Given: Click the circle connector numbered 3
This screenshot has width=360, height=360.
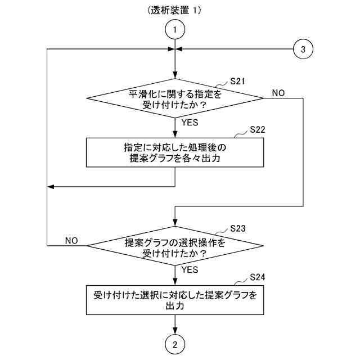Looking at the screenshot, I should (x=303, y=49).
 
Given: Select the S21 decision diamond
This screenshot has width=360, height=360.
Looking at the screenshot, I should (x=175, y=98).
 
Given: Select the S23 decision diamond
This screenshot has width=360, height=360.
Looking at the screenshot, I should (x=175, y=246).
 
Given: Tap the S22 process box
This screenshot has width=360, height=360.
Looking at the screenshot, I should (x=175, y=152).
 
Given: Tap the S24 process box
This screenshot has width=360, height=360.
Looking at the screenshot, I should (x=175, y=300).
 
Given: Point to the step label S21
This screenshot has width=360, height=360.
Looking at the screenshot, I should (x=238, y=82).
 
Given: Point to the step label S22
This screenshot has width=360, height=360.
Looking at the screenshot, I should (x=256, y=129).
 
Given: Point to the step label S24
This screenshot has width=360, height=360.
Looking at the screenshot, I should (x=257, y=277).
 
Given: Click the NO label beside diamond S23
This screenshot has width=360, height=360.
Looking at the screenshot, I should (x=71, y=240).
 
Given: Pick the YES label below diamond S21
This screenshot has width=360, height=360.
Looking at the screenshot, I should (x=190, y=121).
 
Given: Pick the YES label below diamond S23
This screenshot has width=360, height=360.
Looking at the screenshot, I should (x=190, y=269).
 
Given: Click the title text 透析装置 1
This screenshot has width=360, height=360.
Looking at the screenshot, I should (x=174, y=10).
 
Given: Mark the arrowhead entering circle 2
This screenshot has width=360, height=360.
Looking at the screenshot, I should (x=175, y=332).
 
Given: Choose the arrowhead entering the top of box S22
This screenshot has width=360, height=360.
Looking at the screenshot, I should (x=175, y=134).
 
